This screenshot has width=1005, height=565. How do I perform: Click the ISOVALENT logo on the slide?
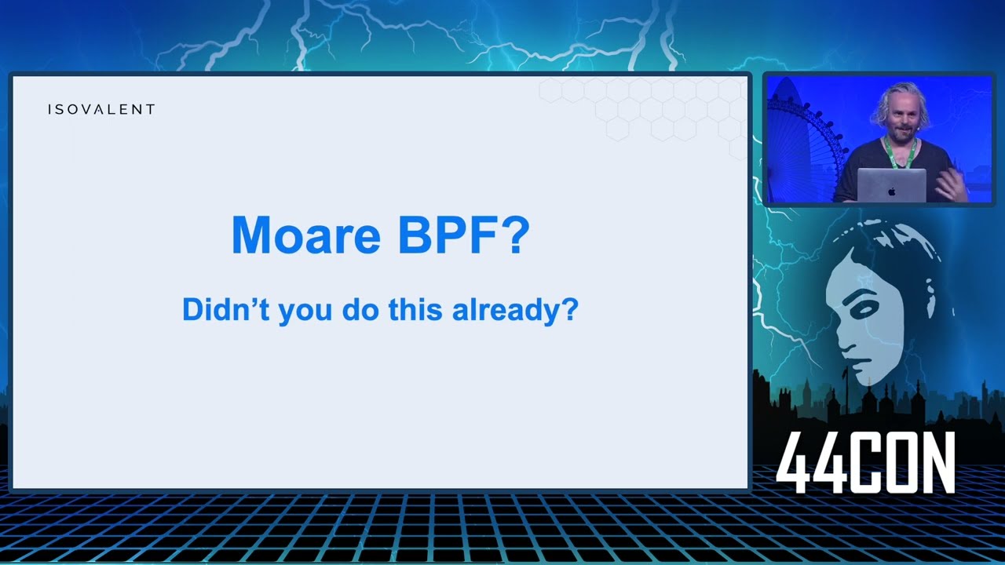pos(101,109)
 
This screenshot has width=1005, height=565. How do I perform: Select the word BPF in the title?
pos(447,235)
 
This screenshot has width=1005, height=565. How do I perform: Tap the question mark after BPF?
pos(515,235)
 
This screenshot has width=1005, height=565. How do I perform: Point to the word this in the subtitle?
pos(417,309)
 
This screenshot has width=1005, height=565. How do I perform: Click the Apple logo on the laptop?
pos(891,190)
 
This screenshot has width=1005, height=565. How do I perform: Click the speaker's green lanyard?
pos(899,155)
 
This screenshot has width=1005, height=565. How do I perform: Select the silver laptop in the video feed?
pos(891,186)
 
